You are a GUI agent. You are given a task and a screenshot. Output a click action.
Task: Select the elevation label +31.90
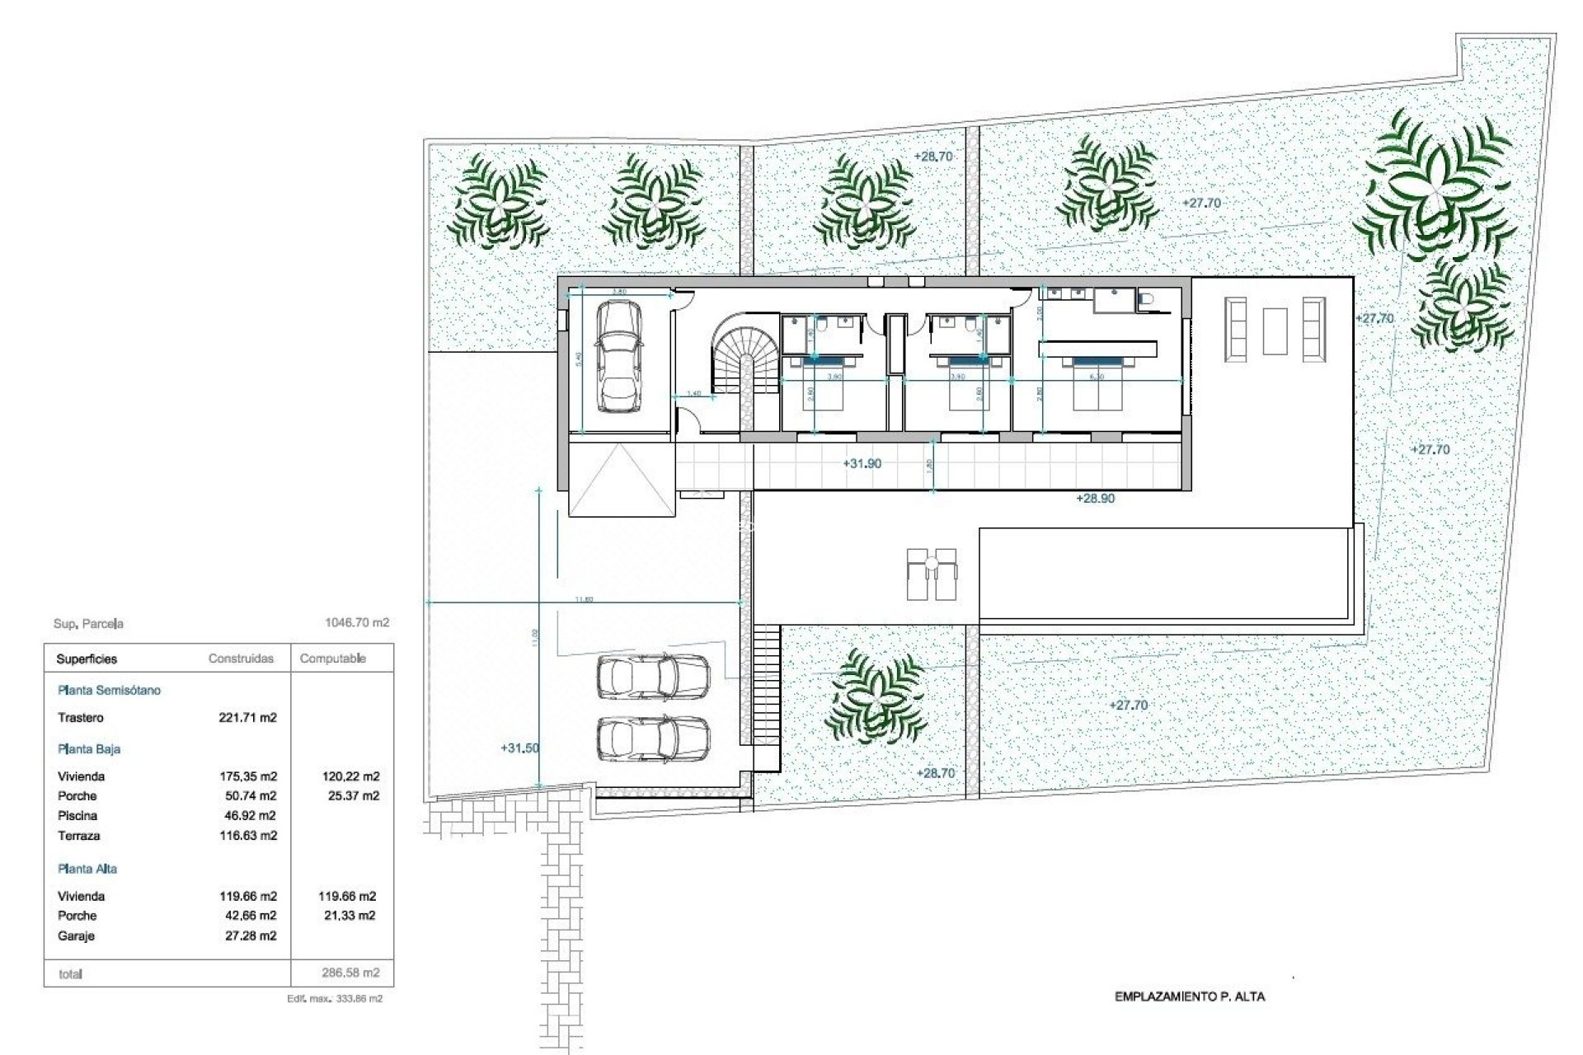pos(862,464)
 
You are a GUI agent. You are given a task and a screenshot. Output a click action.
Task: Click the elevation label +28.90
pos(1095,499)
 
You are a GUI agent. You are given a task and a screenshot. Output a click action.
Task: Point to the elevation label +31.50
pos(519,748)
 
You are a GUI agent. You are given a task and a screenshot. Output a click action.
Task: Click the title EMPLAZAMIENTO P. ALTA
pos(1189,996)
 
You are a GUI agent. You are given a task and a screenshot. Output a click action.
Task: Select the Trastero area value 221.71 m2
pos(247,718)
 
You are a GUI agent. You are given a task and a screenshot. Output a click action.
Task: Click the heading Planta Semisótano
pos(109,691)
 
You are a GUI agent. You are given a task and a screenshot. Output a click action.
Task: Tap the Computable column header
pos(333,659)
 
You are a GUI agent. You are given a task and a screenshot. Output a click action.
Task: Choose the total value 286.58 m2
pos(350,973)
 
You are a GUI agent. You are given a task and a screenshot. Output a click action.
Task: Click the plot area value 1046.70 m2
pos(357,623)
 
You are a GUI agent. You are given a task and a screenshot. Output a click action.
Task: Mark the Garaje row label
pos(76,936)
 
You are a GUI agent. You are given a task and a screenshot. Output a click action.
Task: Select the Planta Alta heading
pos(87,869)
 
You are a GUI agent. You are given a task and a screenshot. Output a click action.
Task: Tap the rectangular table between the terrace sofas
pos(1275,331)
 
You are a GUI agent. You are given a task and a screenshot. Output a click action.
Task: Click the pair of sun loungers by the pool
pos(932,574)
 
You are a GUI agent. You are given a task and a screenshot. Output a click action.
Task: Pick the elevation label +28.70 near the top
pos(933,157)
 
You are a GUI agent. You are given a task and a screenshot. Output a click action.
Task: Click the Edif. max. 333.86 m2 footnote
pos(334,999)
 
